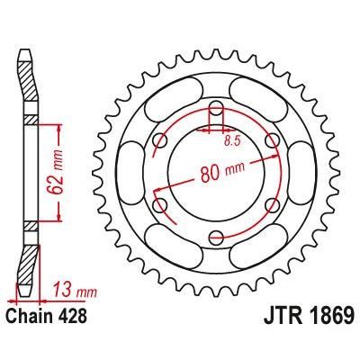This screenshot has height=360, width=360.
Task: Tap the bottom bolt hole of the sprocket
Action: pos(216,238)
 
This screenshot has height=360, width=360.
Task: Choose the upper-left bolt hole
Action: pos(161,142)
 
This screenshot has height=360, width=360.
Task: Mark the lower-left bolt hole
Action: pos(161,207)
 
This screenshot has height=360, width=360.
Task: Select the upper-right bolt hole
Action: pos(271,142)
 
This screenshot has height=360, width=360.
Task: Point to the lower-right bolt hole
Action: pos(271,207)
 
